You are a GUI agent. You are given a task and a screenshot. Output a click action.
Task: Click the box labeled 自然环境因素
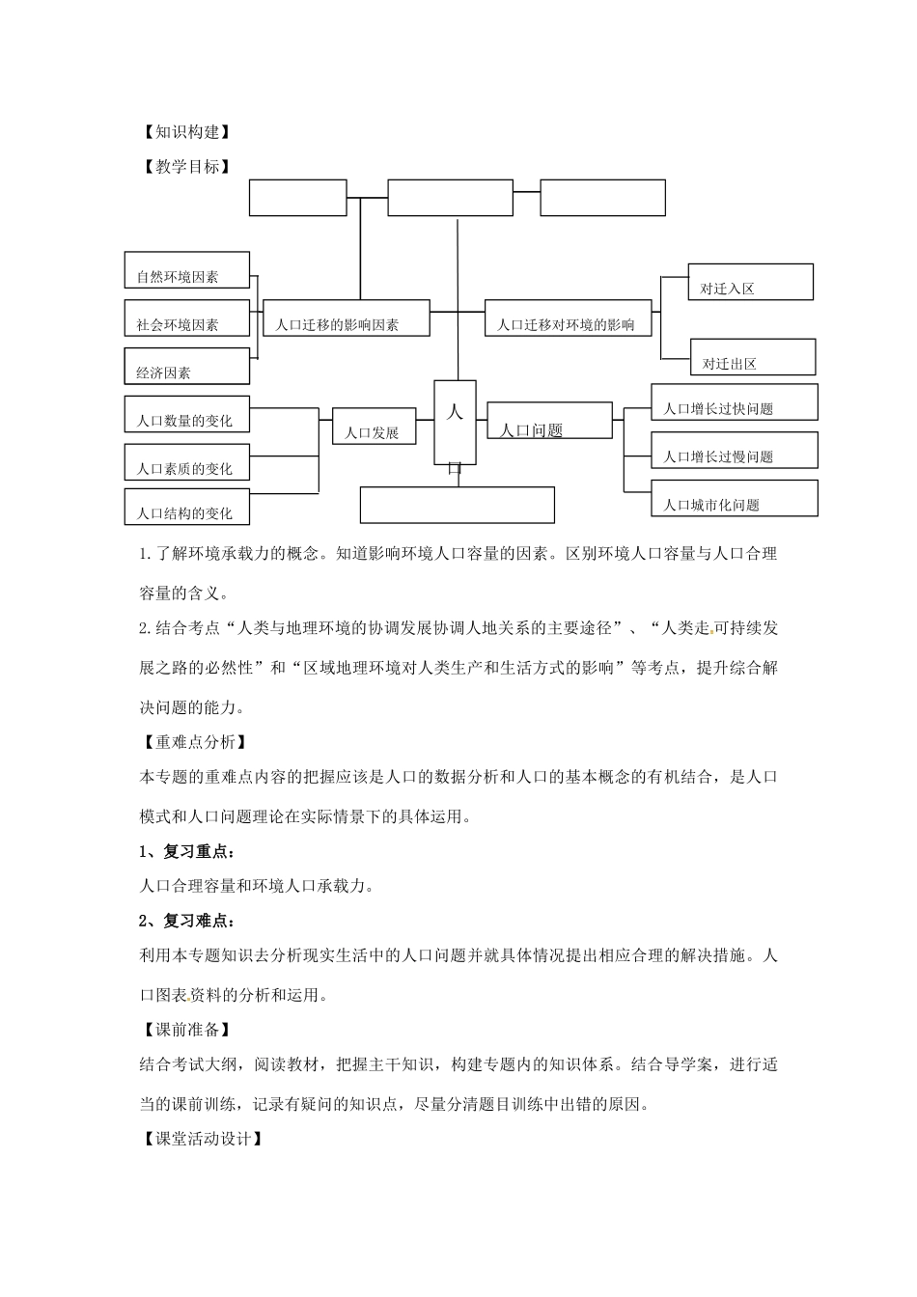[187, 270]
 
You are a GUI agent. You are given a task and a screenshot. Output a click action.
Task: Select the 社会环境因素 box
[187, 318]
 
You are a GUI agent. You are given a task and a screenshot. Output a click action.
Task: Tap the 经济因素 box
[187, 367]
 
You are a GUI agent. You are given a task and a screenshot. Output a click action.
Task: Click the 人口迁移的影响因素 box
[347, 318]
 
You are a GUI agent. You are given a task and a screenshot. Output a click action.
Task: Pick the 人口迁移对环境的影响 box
[568, 318]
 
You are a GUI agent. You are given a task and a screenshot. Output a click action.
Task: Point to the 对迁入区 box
[750, 282]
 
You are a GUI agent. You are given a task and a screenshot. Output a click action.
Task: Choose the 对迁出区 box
[753, 357]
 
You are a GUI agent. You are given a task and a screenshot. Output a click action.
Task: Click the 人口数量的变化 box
[187, 414]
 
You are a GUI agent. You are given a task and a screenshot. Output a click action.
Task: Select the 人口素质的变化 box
[187, 462]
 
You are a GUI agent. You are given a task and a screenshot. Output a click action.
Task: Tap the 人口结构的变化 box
[187, 508]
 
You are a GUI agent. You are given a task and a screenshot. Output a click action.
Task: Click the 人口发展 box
[374, 427]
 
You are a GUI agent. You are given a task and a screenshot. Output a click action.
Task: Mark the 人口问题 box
[549, 421]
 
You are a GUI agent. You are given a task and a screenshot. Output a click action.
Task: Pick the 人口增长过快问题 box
[735, 401]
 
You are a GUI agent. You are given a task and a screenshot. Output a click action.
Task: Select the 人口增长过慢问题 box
[735, 451]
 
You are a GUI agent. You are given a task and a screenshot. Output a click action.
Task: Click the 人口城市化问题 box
[735, 498]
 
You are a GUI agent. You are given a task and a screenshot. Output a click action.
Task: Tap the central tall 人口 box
[456, 423]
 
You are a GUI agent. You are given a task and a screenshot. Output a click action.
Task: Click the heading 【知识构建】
[185, 132]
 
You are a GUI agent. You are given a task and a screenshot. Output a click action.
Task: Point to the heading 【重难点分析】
[193, 742]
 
